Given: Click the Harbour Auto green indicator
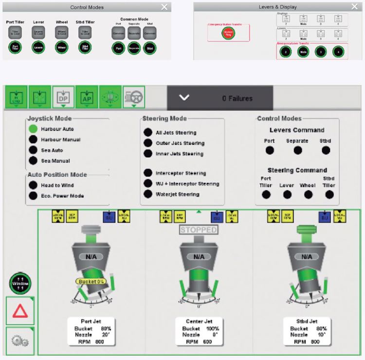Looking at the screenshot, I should click(33, 129).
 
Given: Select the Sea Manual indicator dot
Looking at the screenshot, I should click(33, 161).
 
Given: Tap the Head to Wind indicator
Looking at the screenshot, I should click(33, 185).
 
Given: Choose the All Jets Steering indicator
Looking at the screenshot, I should click(147, 133).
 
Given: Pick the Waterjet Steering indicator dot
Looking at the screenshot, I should click(147, 194).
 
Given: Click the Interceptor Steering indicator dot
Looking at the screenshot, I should click(147, 173).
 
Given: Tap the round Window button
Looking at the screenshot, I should click(20, 283).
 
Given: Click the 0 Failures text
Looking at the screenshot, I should click(237, 98).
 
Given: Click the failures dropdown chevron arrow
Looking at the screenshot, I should click(184, 98).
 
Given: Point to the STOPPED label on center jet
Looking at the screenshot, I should click(198, 230).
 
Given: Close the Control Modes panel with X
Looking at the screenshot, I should click(164, 7).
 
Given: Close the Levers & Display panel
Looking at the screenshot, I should click(354, 7).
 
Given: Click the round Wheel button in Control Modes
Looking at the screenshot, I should click(61, 48).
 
